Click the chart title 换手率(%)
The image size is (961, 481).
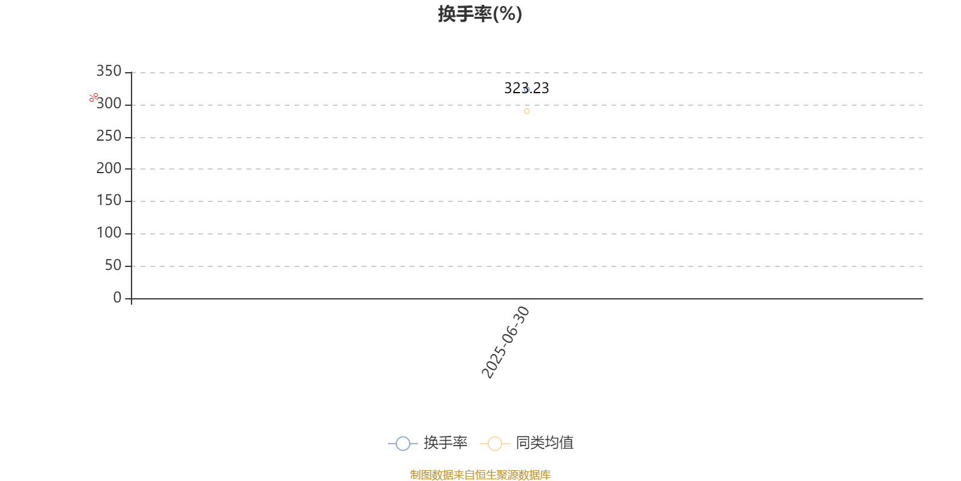pos(480,14)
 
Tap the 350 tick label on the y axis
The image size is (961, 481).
pos(109,71)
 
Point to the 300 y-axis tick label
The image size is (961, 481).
pos(109,103)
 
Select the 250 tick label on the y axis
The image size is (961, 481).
pos(109,136)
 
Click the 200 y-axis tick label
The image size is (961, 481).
pos(109,168)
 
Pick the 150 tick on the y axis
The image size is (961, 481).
pos(109,201)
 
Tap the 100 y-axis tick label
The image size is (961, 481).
pos(109,233)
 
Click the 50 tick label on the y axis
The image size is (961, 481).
pos(114,265)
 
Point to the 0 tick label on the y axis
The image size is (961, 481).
pos(117,298)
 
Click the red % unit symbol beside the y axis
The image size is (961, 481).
pos(94,97)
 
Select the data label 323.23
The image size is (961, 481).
pos(526,88)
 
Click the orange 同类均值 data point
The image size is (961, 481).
pos(527,111)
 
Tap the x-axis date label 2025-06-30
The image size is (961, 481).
pos(505,342)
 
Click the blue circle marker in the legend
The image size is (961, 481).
pos(403,443)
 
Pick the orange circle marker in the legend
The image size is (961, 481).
pos(495,443)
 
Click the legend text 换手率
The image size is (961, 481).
pos(445,443)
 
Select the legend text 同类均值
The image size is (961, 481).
pos(544,443)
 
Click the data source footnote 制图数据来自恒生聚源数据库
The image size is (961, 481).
pos(480,474)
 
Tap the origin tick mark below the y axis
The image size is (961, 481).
pos(132,301)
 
